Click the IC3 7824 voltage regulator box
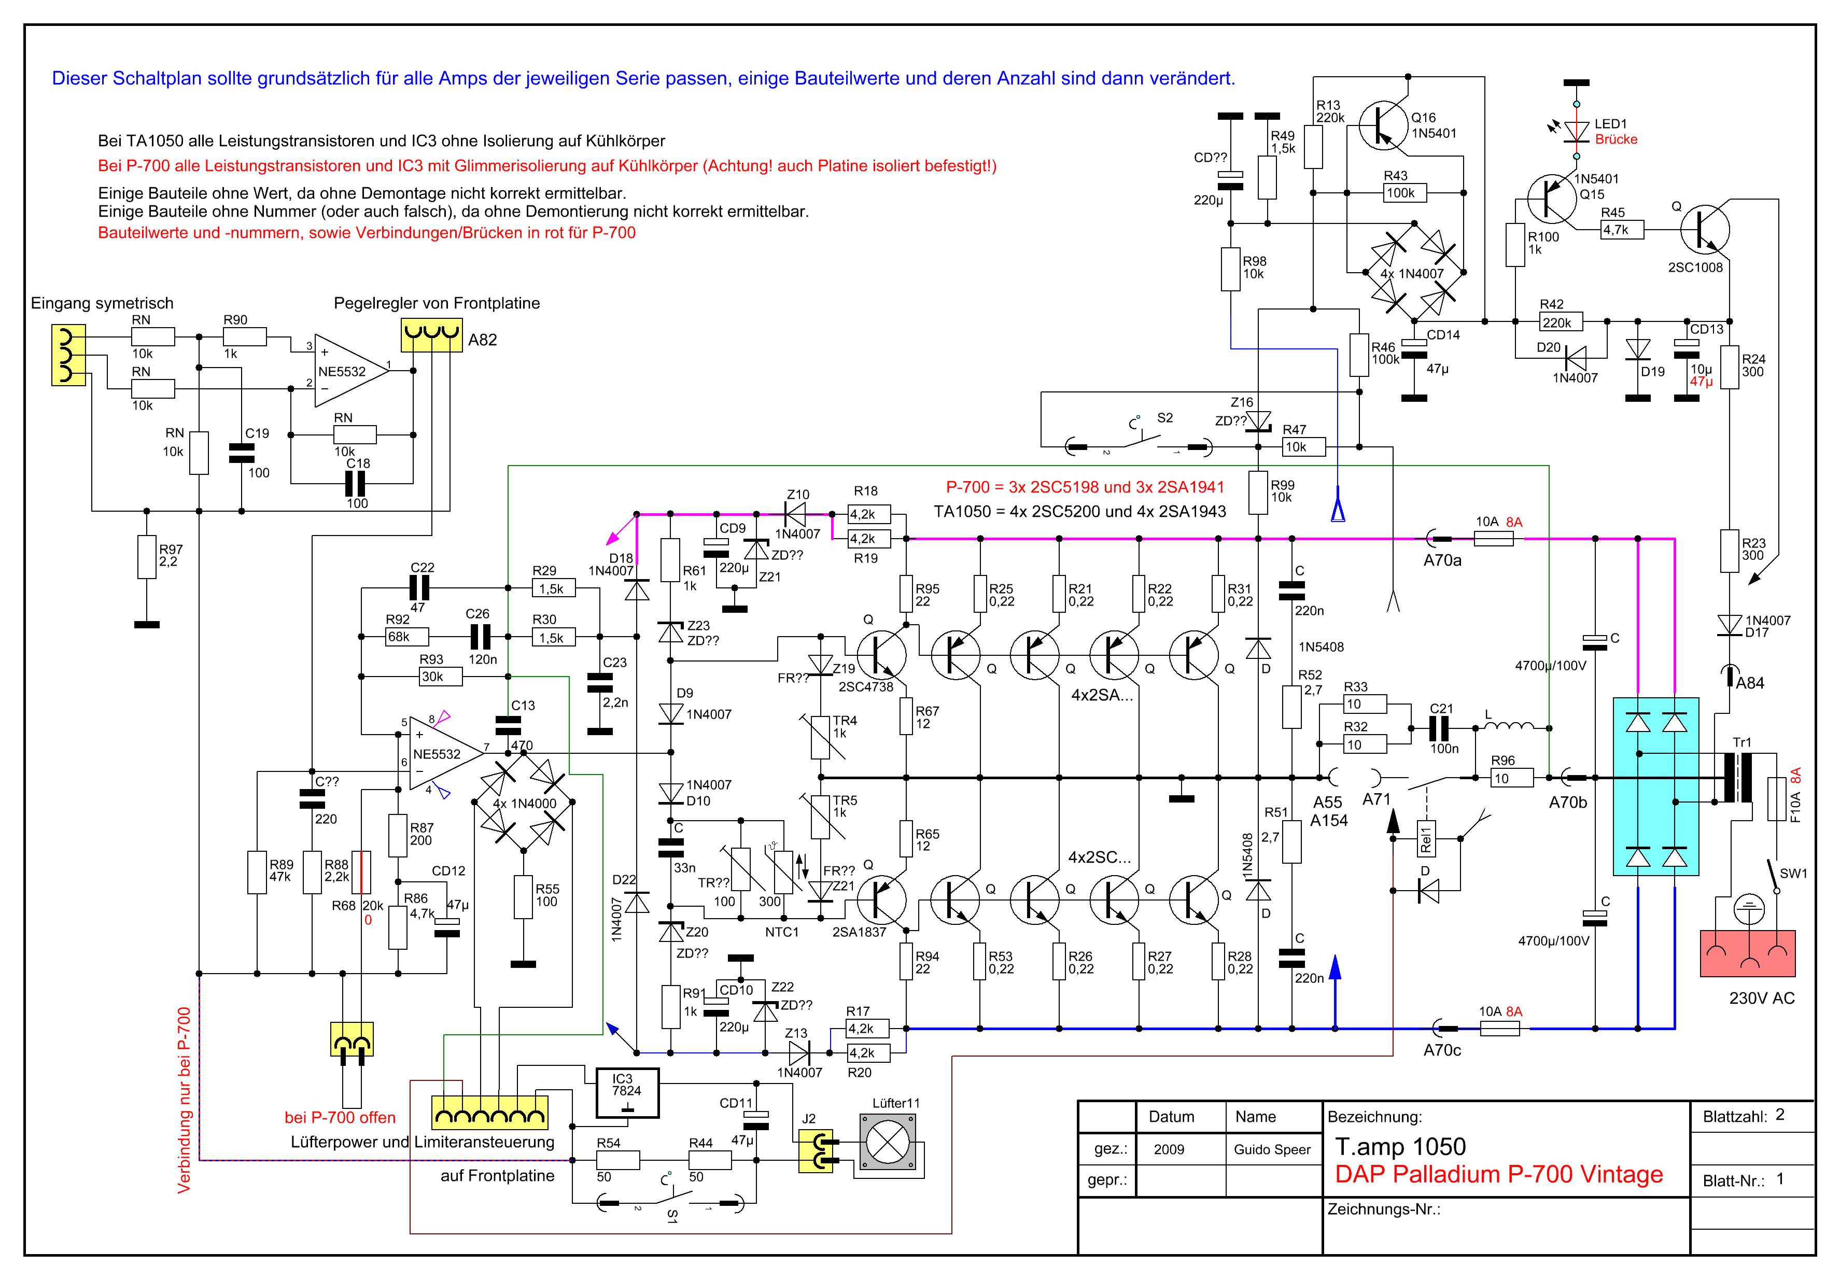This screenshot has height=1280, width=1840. [627, 1092]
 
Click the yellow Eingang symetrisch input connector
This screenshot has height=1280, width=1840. [68, 355]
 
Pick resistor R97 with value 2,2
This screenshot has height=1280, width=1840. [146, 556]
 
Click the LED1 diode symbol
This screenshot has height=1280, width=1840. [1576, 132]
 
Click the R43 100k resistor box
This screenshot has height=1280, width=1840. [1401, 192]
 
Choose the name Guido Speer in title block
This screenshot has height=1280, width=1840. [1272, 1149]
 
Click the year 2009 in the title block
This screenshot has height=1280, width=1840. [1169, 1149]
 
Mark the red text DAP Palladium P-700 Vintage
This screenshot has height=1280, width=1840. [1499, 1174]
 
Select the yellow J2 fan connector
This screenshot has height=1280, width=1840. [816, 1152]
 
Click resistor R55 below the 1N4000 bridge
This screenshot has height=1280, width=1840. [523, 896]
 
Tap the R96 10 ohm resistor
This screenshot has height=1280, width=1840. [1511, 778]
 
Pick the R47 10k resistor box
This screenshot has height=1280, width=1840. [1304, 446]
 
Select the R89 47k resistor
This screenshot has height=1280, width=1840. [257, 872]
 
